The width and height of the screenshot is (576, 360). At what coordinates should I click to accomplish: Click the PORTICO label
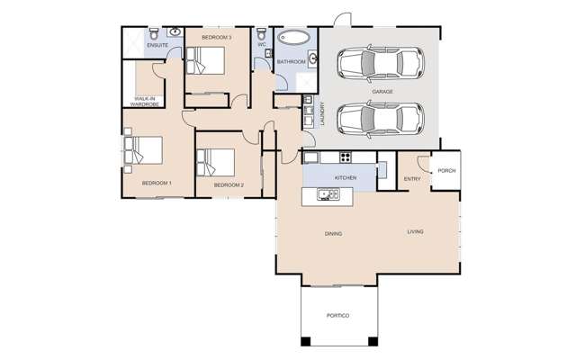pos(338,318)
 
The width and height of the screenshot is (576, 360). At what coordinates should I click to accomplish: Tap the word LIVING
pos(414,232)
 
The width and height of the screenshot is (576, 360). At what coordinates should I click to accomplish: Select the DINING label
pos(334,234)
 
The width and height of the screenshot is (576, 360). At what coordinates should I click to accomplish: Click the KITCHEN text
pos(346,178)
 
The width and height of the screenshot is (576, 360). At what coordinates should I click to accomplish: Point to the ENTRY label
pos(412,178)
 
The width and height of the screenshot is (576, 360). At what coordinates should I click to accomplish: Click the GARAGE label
pos(383,91)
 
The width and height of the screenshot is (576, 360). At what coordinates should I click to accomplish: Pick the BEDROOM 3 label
pos(216,37)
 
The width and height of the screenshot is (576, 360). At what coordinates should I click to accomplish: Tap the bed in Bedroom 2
pos(217,161)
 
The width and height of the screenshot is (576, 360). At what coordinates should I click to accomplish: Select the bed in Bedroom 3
pos(205,61)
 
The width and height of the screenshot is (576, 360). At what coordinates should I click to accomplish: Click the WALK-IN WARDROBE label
pos(147,102)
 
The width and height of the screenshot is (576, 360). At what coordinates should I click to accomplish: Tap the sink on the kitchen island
pos(321,193)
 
